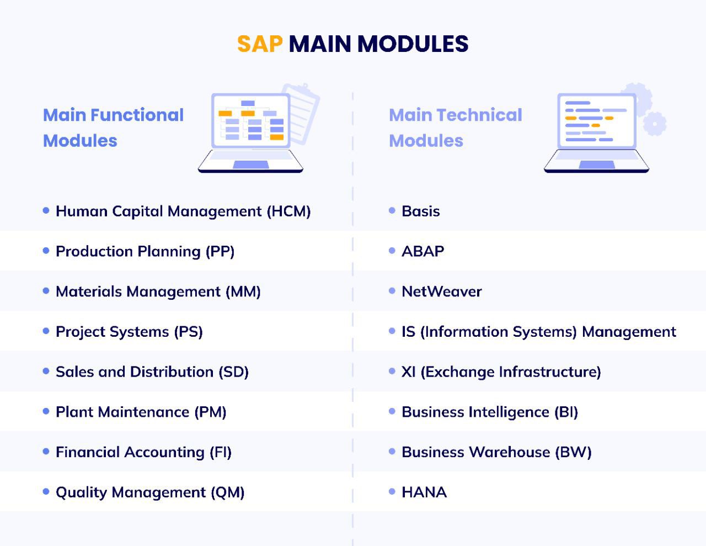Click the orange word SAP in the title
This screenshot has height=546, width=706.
pyautogui.click(x=260, y=44)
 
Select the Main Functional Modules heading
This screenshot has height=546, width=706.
pyautogui.click(x=113, y=128)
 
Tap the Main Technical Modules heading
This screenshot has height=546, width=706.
pyautogui.click(x=455, y=128)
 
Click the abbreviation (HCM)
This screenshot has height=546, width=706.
pyautogui.click(x=289, y=211)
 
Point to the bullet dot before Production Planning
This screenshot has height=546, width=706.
pyautogui.click(x=46, y=251)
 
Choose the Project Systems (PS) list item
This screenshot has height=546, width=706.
pyautogui.click(x=129, y=332)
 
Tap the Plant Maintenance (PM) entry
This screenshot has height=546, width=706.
pyautogui.click(x=141, y=412)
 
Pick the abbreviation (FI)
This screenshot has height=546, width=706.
pyautogui.click(x=221, y=453)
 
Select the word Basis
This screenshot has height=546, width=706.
pyautogui.click(x=421, y=211)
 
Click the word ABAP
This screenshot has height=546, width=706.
pyautogui.click(x=423, y=251)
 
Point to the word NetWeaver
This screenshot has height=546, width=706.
pyautogui.click(x=442, y=291)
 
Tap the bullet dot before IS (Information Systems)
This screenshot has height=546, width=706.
pyautogui.click(x=392, y=331)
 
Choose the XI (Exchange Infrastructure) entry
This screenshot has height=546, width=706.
pyautogui.click(x=501, y=372)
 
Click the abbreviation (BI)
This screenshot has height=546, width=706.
pyautogui.click(x=566, y=412)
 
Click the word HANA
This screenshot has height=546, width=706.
pyautogui.click(x=424, y=492)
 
